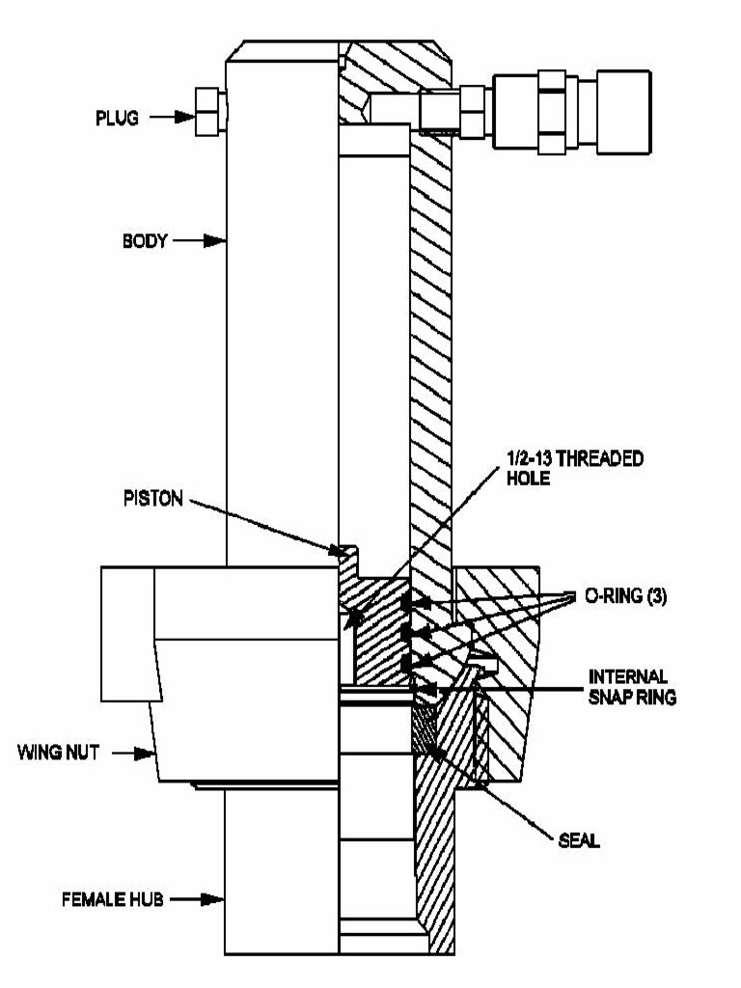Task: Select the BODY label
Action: (146, 241)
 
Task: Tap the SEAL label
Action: (578, 840)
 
